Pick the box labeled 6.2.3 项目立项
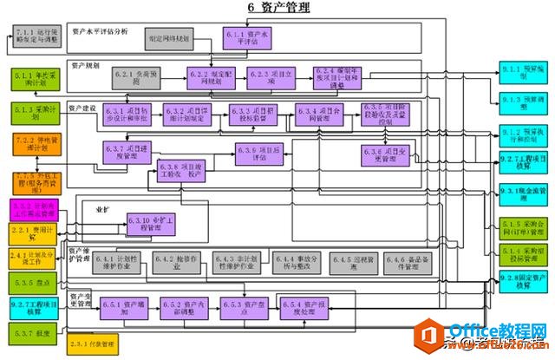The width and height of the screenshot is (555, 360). point(264,79)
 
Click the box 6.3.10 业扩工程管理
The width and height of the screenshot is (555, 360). point(150,223)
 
